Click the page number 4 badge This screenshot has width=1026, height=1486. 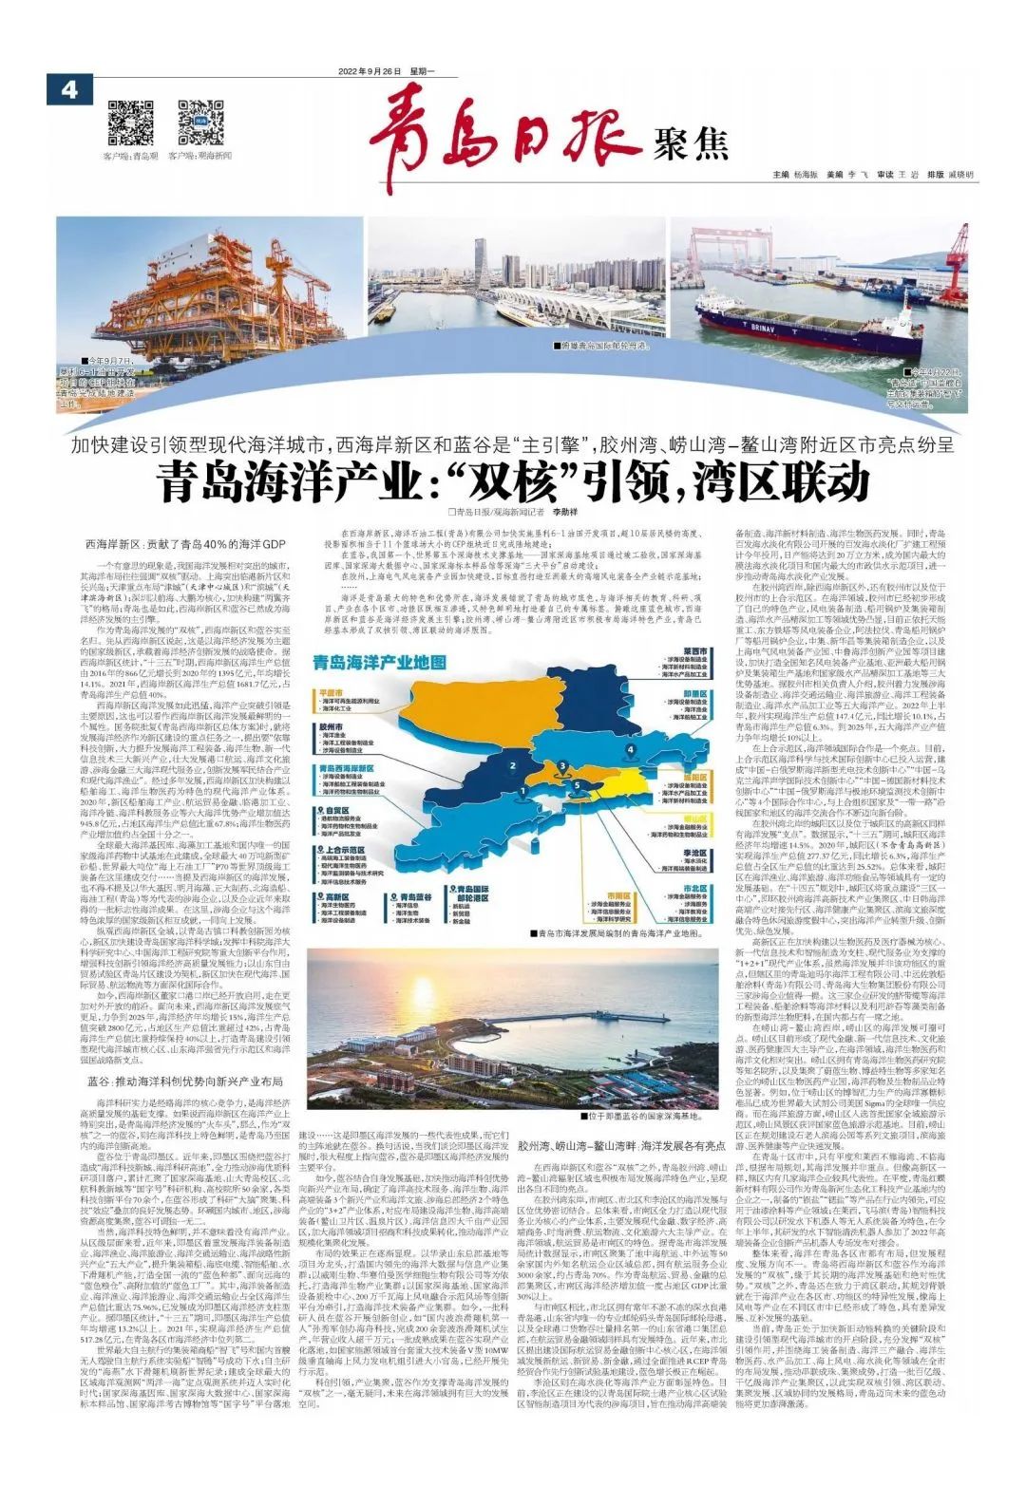click(x=67, y=90)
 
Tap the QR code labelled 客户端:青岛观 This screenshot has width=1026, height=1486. click(x=130, y=121)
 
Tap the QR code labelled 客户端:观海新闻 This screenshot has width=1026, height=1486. click(x=200, y=121)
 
